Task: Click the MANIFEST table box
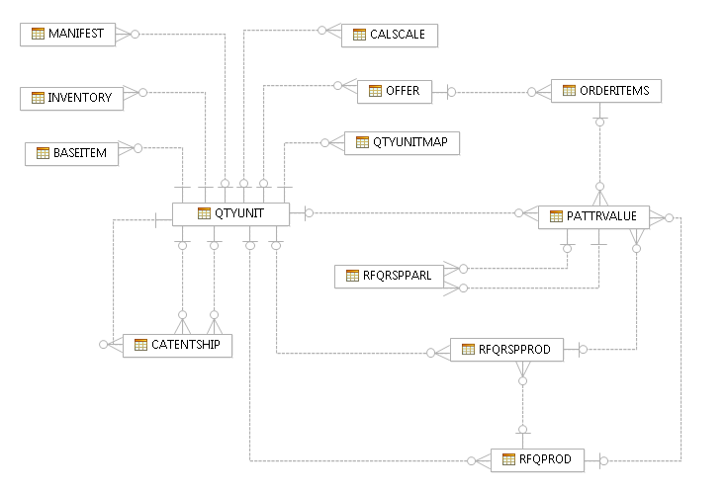point(68,34)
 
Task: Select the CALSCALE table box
point(390,35)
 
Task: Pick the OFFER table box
point(395,91)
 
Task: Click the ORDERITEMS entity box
point(606,91)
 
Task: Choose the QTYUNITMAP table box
point(402,142)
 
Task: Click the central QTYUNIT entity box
point(231,213)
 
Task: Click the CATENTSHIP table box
point(177,345)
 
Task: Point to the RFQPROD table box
point(537,459)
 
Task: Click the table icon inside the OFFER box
point(376,91)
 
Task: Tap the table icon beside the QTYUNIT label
point(205,213)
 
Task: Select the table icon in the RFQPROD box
point(510,459)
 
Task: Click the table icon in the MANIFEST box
point(38,34)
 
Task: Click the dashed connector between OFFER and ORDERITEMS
point(490,93)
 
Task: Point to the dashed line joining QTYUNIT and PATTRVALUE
point(415,213)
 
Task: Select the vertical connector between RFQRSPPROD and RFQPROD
point(521,400)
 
